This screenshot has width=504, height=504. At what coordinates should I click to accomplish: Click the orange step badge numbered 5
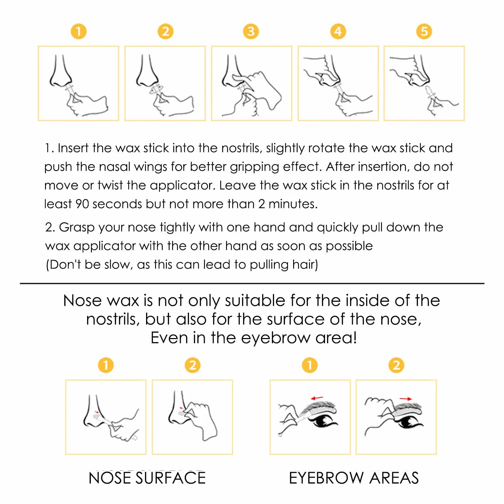tap(424, 32)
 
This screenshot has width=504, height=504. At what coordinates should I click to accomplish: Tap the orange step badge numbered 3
tap(251, 32)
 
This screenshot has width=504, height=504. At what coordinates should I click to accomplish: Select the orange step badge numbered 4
tap(338, 32)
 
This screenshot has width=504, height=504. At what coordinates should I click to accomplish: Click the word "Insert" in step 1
tap(73, 148)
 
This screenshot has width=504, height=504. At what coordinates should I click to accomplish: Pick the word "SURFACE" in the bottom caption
tap(170, 478)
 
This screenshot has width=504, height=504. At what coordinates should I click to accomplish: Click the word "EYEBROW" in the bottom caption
tap(326, 478)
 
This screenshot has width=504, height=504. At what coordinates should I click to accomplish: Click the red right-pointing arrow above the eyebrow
tap(405, 399)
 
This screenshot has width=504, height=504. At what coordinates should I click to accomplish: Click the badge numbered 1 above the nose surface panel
tap(106, 365)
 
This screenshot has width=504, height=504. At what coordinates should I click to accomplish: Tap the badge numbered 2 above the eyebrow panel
tap(396, 365)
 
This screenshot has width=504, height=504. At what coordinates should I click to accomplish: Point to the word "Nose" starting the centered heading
tap(82, 301)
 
